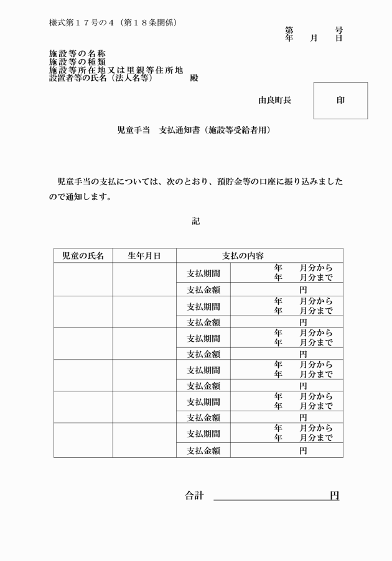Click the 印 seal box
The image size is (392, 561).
340,101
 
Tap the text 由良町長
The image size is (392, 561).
274,100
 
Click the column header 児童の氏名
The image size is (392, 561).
83,255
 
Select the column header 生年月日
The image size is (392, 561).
144,255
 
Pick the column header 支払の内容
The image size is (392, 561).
243,255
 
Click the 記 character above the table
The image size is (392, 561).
196,221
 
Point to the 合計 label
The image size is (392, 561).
194,495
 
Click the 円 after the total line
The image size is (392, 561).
334,495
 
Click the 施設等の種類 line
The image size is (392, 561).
77,62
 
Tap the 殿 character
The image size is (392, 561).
194,78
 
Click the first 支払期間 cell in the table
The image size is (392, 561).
203,273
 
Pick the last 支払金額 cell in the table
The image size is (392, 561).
203,450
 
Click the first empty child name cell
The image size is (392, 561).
83,279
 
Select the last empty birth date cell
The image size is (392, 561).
144,440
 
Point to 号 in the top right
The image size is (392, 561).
338,30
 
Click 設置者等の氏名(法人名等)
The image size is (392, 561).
101,78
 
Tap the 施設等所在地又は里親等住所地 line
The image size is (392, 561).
116,70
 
